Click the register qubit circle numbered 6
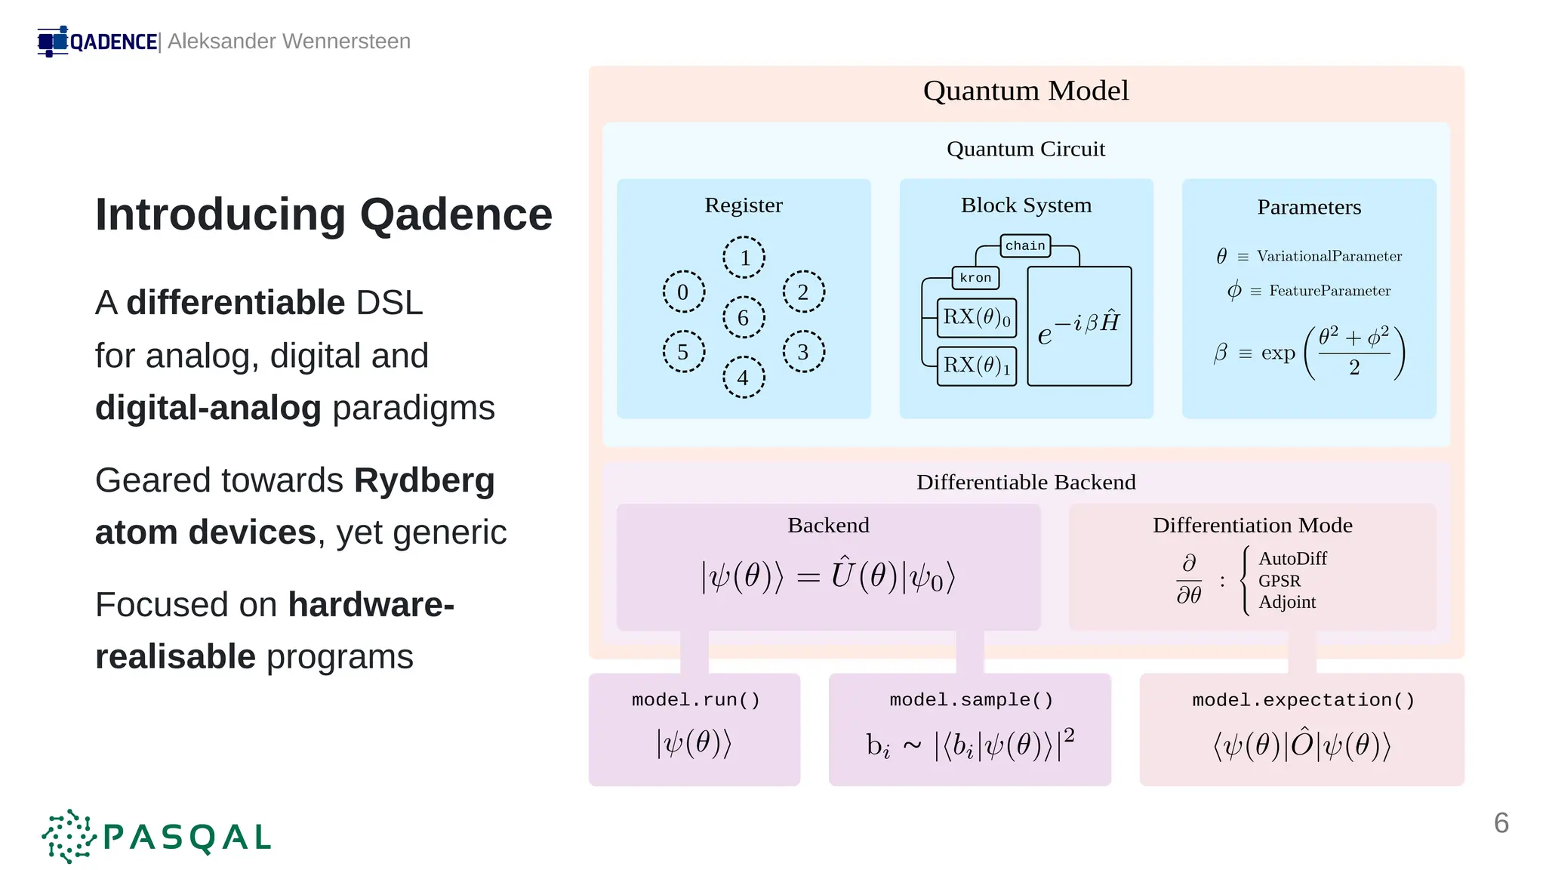pos(744,317)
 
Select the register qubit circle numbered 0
pos(683,292)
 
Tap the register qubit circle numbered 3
pos(803,351)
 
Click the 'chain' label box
pos(1025,245)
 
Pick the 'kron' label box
pos(975,278)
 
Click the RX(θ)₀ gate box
pos(976,317)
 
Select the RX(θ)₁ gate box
pos(976,366)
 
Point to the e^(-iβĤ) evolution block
pos(1079,326)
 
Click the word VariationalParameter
pos(1329,256)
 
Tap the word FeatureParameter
pos(1329,291)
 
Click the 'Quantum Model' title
pos(1025,91)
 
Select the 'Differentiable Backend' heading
pos(1025,482)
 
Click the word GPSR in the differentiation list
pos(1279,581)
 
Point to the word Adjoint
pos(1286,602)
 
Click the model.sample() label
pos(971,700)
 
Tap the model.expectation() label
pos(1303,700)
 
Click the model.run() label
pos(695,700)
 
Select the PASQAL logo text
pos(186,837)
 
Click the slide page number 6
pos(1501,822)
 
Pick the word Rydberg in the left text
pos(424,480)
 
